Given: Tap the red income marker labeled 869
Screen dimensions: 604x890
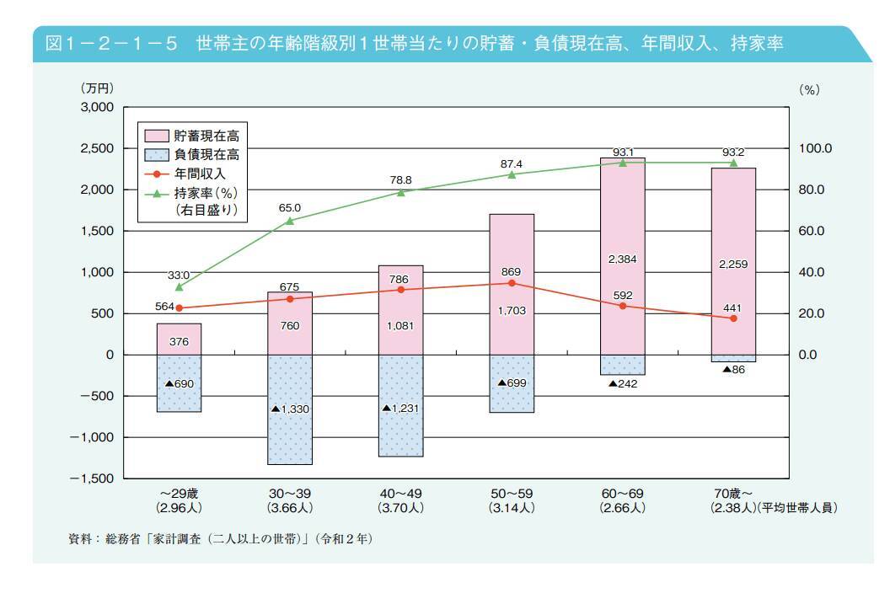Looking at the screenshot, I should (512, 283).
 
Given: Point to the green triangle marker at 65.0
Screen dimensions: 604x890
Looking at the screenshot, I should (290, 221).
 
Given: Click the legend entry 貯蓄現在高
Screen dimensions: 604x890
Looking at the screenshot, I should (201, 136).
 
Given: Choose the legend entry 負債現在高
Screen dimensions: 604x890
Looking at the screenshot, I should (201, 154).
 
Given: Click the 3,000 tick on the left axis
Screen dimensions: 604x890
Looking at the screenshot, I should (96, 108).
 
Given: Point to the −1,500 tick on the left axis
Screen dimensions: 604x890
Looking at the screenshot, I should (93, 478).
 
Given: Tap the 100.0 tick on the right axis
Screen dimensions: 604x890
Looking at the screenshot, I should (815, 149).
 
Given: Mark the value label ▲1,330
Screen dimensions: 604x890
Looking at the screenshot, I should (291, 409).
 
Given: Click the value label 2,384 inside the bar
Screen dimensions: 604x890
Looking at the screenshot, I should (623, 260).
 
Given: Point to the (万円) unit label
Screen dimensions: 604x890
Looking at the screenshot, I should (96, 88).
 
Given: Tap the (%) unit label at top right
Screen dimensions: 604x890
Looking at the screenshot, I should (808, 89).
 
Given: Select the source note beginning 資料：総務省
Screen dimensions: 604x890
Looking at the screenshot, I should (219, 539).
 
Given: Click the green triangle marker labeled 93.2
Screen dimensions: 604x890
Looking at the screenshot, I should (733, 163).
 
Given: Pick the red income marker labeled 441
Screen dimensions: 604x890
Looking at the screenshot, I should (733, 318).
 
